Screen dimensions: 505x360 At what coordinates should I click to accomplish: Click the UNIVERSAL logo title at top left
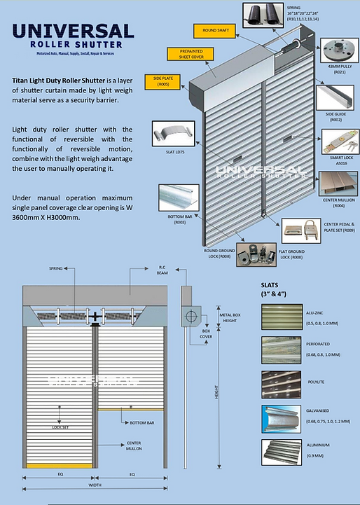[74, 31]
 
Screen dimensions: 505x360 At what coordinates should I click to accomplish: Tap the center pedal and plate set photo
[300, 228]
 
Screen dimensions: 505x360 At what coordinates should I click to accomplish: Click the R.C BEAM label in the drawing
[161, 272]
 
